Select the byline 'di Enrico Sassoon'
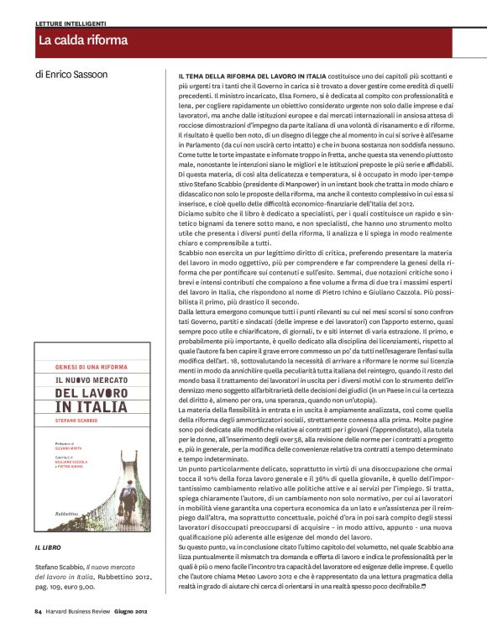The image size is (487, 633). [x=72, y=74]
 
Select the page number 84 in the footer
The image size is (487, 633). [x=39, y=612]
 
